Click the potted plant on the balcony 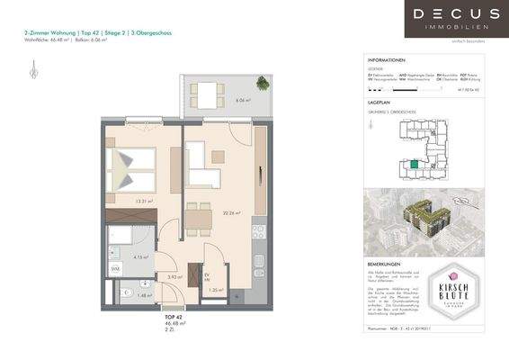click(x=262, y=83)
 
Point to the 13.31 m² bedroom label click(x=140, y=202)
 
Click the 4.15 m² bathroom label click(x=139, y=257)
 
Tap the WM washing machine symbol click(x=116, y=269)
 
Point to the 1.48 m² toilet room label click(x=146, y=295)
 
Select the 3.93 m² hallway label click(x=174, y=277)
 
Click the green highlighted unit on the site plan click(x=413, y=164)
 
